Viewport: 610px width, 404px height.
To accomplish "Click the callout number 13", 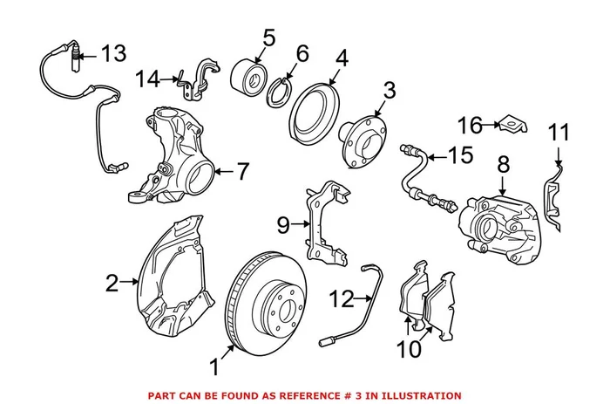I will tap(112, 53).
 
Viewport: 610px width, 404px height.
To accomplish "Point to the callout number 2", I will tap(112, 282).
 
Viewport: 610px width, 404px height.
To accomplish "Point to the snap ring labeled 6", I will tap(282, 88).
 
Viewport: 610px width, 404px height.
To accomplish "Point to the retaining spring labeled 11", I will tap(551, 196).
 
